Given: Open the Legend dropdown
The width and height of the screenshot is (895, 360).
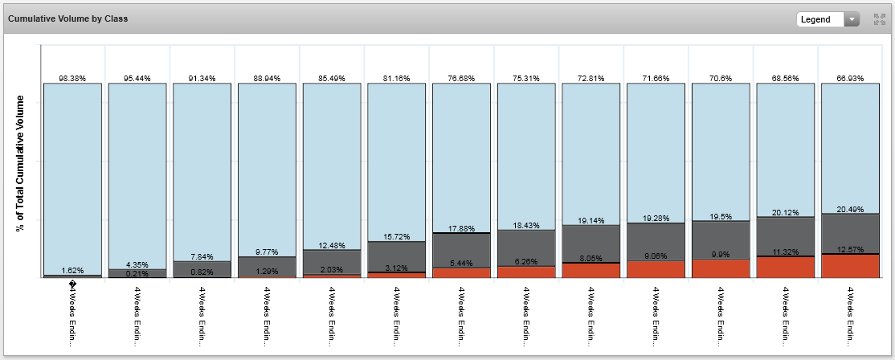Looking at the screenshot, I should (828, 19).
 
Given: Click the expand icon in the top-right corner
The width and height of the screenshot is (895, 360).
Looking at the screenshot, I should (879, 19).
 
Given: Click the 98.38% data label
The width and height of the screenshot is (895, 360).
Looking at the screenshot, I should (72, 79).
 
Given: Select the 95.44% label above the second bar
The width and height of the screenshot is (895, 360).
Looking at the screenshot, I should (137, 79).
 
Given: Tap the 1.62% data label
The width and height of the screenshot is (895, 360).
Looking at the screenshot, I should (72, 271).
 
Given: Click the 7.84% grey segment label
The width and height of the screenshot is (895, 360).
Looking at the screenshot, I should (202, 256).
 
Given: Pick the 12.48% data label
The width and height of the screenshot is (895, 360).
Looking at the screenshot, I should (332, 245).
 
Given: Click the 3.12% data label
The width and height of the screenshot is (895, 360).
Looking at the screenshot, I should (397, 268).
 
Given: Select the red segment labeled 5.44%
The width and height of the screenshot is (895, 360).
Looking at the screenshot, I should (461, 272).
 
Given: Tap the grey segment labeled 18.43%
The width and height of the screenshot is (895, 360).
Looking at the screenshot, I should (526, 247).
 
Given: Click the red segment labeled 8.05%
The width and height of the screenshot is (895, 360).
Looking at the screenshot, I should (591, 271).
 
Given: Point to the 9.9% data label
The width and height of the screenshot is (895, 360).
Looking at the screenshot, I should (720, 255).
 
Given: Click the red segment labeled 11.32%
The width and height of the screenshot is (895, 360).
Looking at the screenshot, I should (785, 268).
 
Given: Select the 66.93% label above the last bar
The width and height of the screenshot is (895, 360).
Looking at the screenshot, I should (849, 79).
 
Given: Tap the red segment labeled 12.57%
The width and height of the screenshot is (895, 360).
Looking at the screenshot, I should (849, 266).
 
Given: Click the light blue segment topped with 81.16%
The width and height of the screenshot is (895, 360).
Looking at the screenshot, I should (397, 161).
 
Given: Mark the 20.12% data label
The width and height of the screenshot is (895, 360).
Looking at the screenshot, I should (785, 212).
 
